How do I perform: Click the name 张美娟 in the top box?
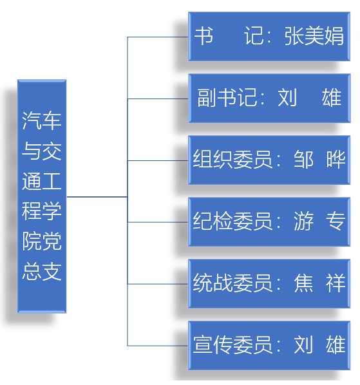coord(314,36)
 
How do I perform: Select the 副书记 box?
coord(269,99)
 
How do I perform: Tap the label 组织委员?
coord(232,160)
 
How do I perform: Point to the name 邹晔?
coord(319,160)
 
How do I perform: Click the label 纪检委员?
coord(232,221)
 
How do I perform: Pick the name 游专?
coord(319,221)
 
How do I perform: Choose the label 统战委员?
coord(232,283)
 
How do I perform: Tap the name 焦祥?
coord(319,283)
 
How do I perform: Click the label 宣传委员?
coord(232,344)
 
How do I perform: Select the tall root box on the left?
coord(42,196)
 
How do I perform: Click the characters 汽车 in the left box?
coord(42,120)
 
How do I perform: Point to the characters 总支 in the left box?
coord(42,271)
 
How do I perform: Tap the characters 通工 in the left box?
coord(42,181)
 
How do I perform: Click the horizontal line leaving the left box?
coord(97,196)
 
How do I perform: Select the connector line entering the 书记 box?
coord(158,37)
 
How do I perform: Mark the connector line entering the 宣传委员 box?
coord(158,346)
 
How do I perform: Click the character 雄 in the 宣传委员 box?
coord(336,344)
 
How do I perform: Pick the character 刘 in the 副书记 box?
coord(287,97)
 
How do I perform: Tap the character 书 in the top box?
coord(204,36)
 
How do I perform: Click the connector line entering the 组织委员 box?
coord(158,160)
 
